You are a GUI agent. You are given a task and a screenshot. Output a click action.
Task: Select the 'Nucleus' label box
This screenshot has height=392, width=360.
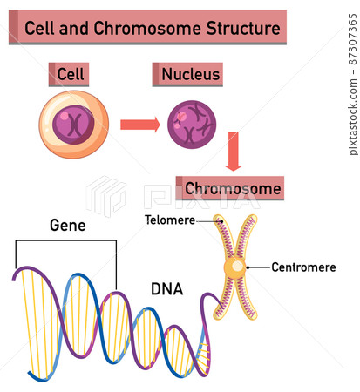[189, 75]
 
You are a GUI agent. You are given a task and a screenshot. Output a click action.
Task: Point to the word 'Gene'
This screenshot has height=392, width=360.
[67, 226]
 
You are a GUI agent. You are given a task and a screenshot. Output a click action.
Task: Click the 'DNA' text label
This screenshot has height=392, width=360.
[166, 288]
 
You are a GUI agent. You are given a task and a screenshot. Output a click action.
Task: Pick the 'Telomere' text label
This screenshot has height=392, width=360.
[170, 220]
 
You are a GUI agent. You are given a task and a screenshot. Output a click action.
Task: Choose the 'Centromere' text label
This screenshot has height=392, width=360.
[303, 267]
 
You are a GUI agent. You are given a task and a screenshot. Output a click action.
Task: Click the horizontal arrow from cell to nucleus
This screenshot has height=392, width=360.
[139, 124]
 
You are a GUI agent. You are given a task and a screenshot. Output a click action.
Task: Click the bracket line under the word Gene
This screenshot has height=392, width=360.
[65, 241]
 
